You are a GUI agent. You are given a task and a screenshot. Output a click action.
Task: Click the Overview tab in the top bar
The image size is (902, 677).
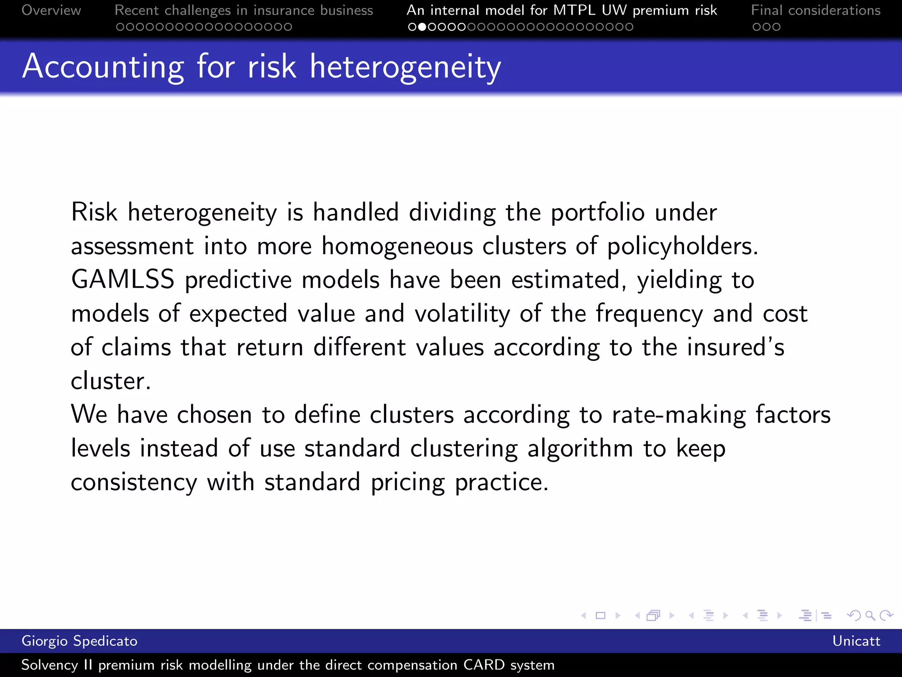tap(51, 10)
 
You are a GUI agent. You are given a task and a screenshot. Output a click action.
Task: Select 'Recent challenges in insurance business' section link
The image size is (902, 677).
tap(244, 10)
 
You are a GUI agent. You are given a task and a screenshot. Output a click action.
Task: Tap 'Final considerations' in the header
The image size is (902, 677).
tap(816, 10)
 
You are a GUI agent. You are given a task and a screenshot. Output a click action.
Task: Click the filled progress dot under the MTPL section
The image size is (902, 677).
tap(422, 27)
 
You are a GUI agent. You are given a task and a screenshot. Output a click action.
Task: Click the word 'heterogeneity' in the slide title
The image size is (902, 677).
tap(405, 67)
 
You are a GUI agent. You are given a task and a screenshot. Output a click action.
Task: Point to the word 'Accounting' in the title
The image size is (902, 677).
tap(103, 67)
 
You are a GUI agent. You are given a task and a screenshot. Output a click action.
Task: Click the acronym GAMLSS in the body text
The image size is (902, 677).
tap(123, 280)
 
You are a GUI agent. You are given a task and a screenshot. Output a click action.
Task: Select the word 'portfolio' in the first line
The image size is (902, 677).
tap(598, 213)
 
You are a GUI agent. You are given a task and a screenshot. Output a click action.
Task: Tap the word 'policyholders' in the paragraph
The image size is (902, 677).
tap(682, 246)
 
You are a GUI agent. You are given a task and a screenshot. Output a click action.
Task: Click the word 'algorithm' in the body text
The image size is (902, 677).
tap(580, 449)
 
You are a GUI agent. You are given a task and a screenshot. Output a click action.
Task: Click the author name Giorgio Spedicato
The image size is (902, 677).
tap(79, 641)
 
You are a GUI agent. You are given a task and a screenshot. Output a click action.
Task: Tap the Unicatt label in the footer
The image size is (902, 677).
tap(856, 641)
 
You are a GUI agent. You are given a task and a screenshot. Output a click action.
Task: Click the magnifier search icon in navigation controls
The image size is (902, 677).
tap(870, 615)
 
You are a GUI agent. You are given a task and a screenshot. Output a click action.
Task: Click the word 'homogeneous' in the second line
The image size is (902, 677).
tap(397, 246)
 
